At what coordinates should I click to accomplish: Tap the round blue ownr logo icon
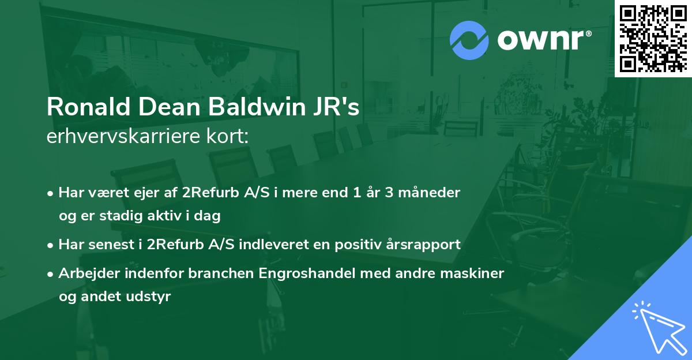469,40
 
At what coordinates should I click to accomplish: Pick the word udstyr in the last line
152,297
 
